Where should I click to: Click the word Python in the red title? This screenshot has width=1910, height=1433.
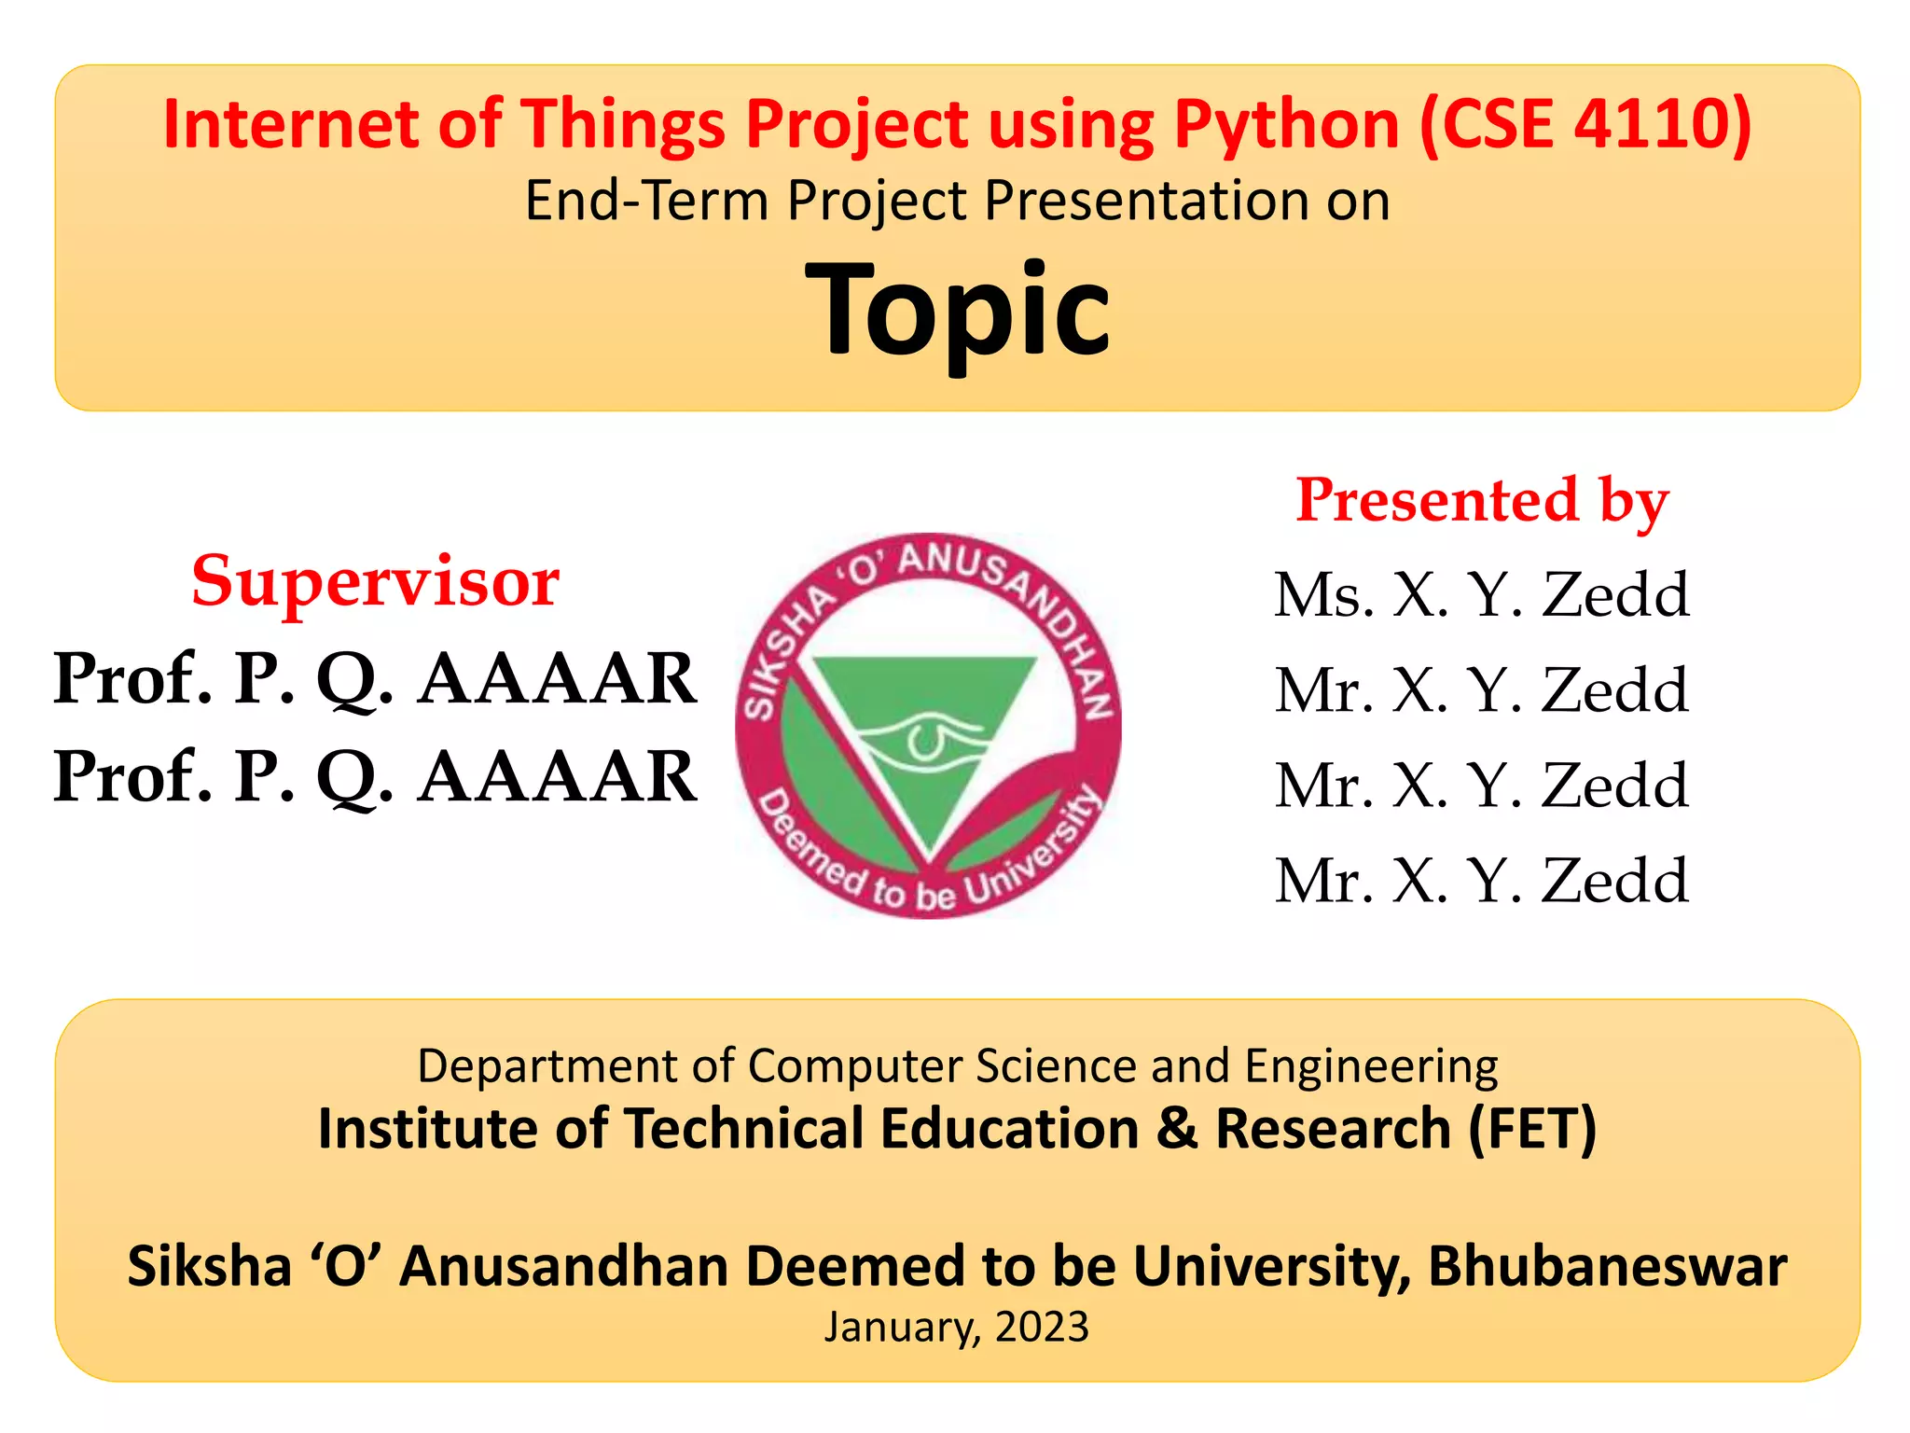(x=1287, y=125)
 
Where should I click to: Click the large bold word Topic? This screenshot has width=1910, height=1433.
(x=958, y=310)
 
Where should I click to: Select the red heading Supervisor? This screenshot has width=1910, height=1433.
(x=375, y=581)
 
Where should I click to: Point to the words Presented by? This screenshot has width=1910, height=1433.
(x=1482, y=501)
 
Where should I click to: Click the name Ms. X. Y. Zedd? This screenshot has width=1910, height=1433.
(x=1482, y=594)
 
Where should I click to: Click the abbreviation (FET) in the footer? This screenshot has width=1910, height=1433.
(x=1532, y=1129)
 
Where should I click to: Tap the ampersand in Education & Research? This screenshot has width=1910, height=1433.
(x=1176, y=1129)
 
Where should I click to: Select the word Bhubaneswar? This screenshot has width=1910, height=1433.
(x=1607, y=1267)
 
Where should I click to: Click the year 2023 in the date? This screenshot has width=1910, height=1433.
(x=1042, y=1328)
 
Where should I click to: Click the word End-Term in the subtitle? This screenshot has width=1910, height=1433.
(x=646, y=201)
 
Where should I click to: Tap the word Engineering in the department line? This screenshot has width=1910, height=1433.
(x=1371, y=1066)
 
